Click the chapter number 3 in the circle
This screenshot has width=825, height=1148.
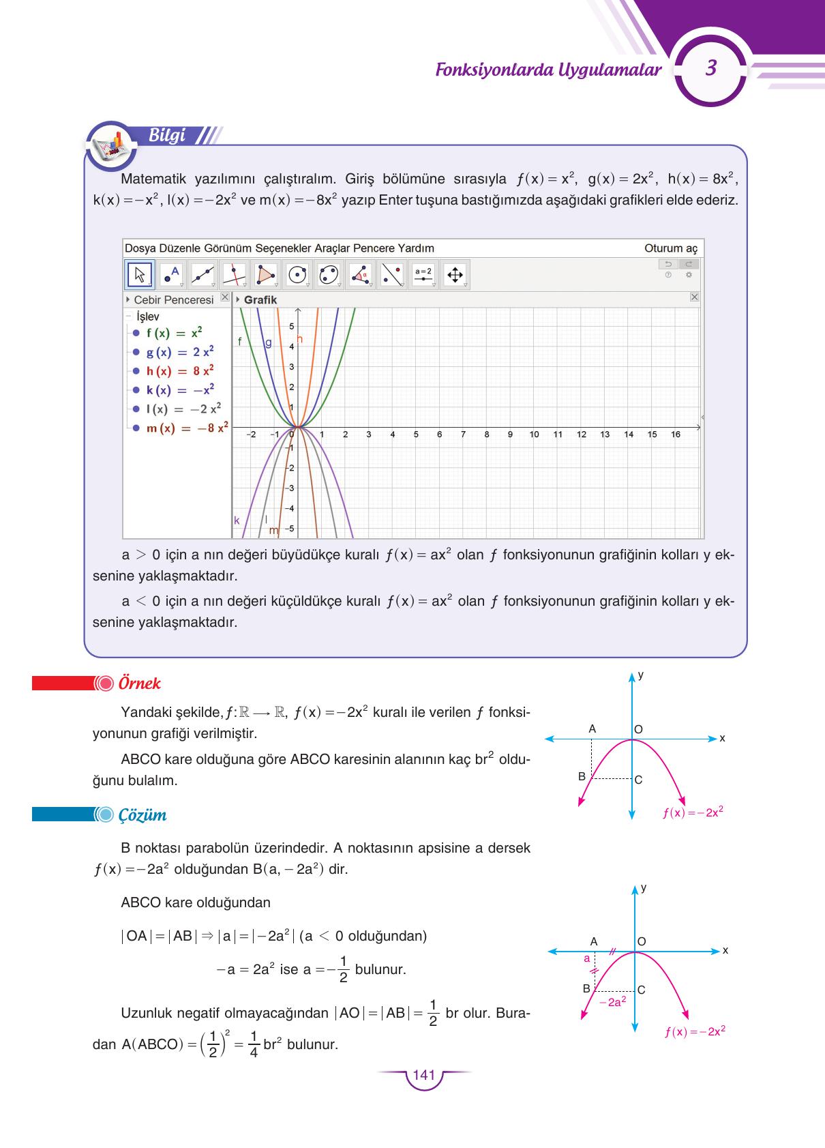711,69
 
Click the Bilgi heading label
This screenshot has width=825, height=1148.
167,135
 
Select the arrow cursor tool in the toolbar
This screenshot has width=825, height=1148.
140,274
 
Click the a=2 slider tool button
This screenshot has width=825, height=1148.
423,274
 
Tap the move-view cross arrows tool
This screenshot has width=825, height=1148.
454,275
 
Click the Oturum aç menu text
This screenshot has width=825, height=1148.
671,248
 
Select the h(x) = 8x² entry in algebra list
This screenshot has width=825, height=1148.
179,371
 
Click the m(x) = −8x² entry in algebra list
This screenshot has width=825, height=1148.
186,428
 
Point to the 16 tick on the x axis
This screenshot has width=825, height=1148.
675,435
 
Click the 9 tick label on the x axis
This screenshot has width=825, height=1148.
510,435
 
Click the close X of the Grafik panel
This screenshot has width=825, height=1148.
694,297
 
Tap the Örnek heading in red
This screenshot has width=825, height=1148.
139,683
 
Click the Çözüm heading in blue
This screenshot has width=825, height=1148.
142,815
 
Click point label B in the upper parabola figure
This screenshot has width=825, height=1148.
582,776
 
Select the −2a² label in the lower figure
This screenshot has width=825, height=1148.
612,1002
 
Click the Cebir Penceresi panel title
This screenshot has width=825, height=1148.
173,300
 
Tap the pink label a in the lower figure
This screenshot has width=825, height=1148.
586,958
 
